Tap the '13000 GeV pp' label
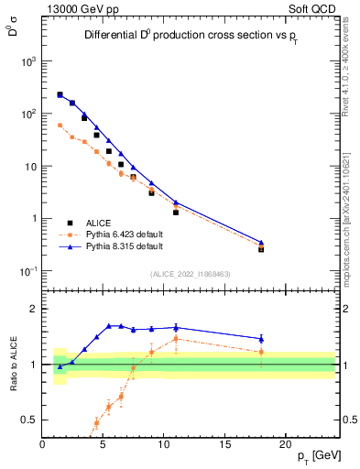[x=82, y=8]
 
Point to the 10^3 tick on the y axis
[x=28, y=61]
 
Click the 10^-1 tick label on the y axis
[x=27, y=271]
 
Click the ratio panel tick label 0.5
[x=27, y=420]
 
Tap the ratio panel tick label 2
[x=33, y=309]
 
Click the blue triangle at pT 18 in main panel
[x=261, y=243]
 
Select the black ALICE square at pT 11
[x=176, y=212]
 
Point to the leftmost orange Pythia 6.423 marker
[x=60, y=125]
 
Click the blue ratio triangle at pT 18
[x=261, y=339]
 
